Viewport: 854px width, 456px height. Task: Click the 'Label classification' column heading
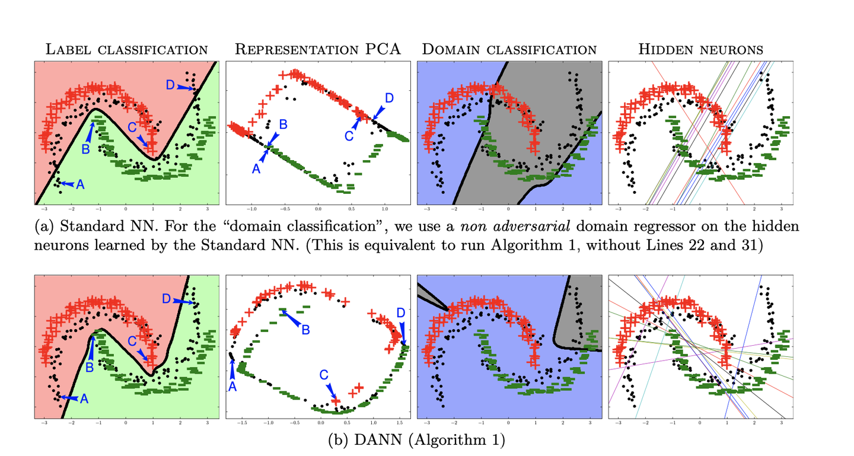tap(127, 49)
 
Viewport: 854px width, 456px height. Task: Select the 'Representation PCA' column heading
tap(318, 49)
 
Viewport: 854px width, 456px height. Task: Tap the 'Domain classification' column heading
tap(509, 49)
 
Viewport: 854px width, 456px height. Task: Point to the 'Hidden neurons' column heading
tap(700, 49)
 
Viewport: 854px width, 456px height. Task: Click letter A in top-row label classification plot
tap(81, 184)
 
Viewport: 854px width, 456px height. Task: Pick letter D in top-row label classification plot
tap(170, 85)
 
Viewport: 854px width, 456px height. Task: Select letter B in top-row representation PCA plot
tap(283, 124)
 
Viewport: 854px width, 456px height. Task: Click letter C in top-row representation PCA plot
tap(348, 136)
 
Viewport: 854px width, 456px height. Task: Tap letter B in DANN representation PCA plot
tap(305, 330)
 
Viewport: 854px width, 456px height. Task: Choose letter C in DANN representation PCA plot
tap(324, 375)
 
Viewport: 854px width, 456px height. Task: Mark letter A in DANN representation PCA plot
tap(232, 386)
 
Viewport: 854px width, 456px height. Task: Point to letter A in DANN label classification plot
tap(84, 399)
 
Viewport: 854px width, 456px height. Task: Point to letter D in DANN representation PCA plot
tap(401, 312)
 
